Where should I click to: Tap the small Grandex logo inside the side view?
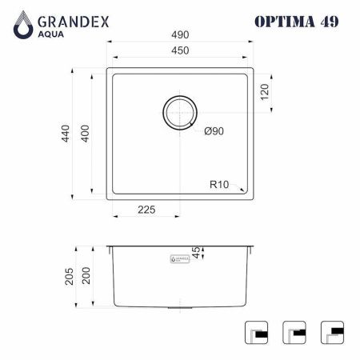pyautogui.click(x=181, y=259)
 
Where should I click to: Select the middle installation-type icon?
pyautogui.click(x=294, y=332)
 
